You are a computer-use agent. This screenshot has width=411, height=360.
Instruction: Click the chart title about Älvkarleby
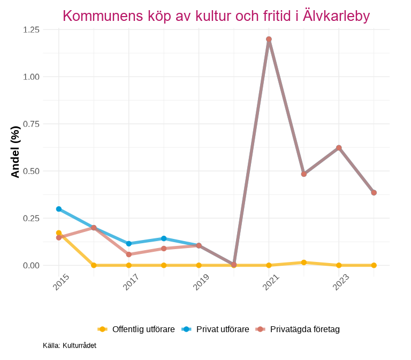216,16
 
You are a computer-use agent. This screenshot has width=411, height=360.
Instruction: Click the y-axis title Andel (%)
15,152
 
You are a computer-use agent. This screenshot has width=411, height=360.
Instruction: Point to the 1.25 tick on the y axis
32,30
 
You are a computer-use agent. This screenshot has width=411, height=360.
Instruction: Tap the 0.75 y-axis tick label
32,124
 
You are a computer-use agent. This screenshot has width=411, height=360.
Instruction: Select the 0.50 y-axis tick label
32,171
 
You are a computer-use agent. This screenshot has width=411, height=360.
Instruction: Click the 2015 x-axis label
61,282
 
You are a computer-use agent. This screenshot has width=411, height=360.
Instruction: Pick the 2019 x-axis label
201,282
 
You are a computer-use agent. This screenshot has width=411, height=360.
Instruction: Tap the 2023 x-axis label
341,282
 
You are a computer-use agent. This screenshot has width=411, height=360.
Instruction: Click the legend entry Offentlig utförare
143,329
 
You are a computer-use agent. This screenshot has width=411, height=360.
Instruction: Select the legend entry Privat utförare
223,329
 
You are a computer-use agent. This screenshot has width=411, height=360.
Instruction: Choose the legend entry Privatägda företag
305,329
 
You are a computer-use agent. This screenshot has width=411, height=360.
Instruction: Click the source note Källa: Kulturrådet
70,346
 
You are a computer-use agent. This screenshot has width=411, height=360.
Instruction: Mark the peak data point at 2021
269,39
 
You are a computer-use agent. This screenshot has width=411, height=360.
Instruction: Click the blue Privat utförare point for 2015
59,209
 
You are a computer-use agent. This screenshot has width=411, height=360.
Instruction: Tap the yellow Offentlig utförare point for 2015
59,233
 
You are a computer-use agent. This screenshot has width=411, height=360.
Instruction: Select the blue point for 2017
129,244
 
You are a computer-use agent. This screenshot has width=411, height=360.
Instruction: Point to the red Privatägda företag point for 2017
129,254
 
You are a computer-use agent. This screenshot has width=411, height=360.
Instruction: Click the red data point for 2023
339,148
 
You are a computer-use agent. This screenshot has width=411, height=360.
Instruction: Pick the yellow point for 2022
304,262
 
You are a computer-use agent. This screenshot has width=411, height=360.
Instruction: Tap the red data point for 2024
374,193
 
